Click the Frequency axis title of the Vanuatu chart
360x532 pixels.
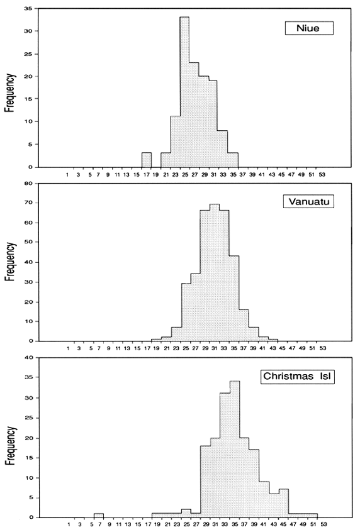click(9, 263)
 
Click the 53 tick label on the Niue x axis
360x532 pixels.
click(322, 174)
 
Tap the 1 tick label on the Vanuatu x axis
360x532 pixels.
click(68, 348)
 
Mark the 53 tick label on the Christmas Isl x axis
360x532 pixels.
click(322, 523)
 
